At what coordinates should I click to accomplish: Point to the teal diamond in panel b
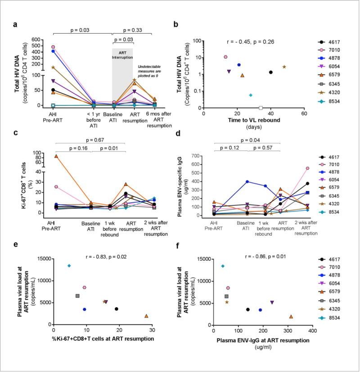[x=251, y=95]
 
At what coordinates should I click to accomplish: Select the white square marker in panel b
[x=261, y=108]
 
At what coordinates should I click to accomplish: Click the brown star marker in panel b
[x=284, y=67]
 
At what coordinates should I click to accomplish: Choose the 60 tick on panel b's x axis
[x=304, y=113]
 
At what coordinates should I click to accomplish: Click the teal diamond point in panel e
[x=69, y=266]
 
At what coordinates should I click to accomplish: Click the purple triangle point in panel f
[x=272, y=303]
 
